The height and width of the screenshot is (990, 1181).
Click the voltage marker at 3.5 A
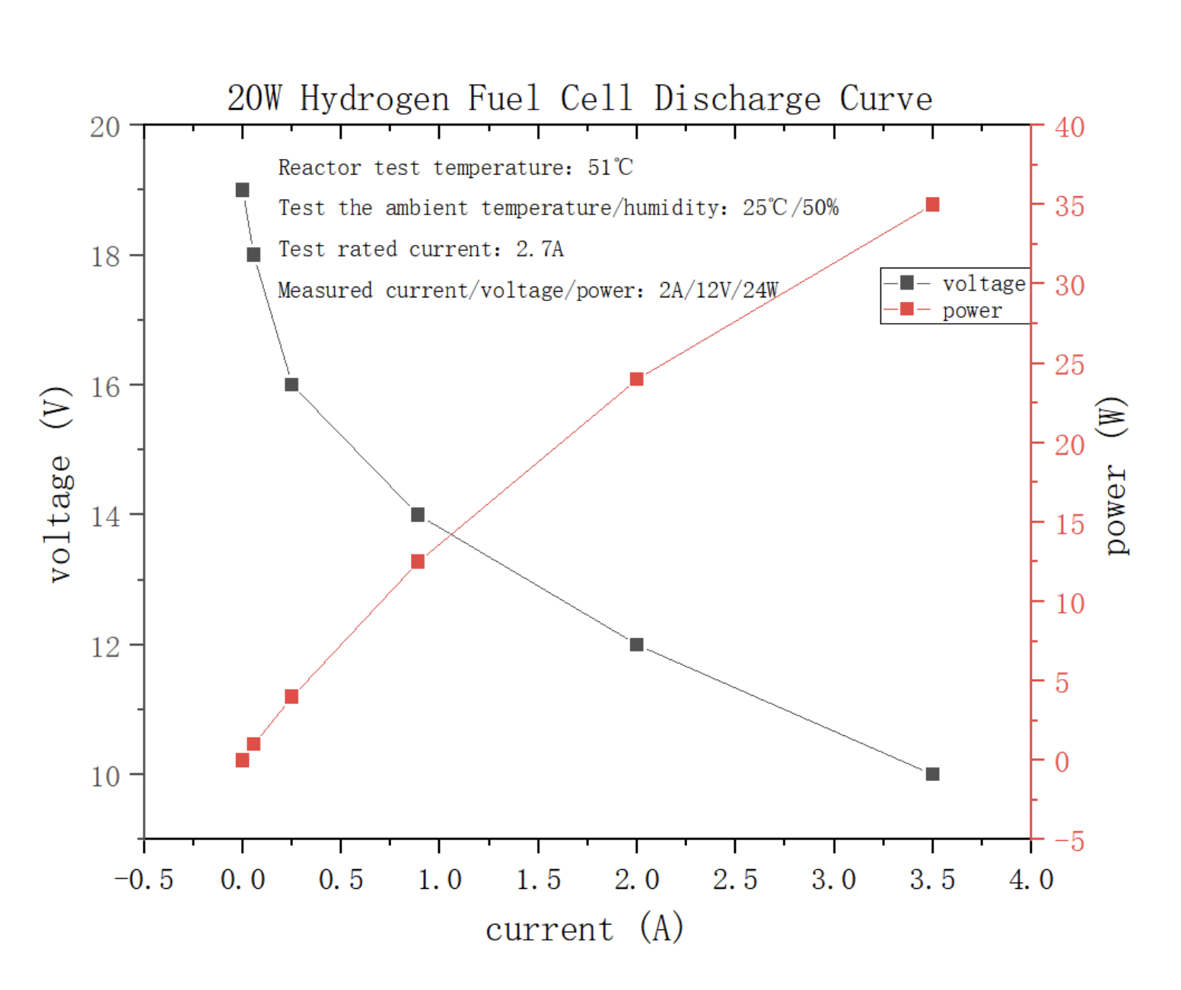(x=932, y=774)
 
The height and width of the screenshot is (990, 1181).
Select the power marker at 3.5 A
(x=932, y=205)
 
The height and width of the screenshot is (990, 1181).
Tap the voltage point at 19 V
(x=242, y=190)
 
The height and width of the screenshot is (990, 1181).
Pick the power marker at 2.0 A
(x=637, y=379)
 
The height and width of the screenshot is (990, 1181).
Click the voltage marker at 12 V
(x=637, y=645)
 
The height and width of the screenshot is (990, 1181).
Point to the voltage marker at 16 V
(x=291, y=385)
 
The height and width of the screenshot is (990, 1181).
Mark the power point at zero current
(x=242, y=760)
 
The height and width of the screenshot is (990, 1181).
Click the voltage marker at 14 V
(x=418, y=515)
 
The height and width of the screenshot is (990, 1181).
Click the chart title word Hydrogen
(x=374, y=99)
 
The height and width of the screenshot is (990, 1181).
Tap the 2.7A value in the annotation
(x=540, y=249)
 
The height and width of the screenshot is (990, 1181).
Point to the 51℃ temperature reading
(x=610, y=167)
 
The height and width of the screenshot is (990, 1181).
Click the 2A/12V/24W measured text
(x=718, y=290)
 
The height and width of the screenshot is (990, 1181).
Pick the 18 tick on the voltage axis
(x=105, y=257)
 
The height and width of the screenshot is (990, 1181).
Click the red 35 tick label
(x=1069, y=206)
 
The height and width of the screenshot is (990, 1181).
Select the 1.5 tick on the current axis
(x=538, y=880)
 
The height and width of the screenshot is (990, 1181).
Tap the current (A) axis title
(x=584, y=928)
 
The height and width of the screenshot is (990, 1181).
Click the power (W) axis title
(x=1115, y=475)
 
